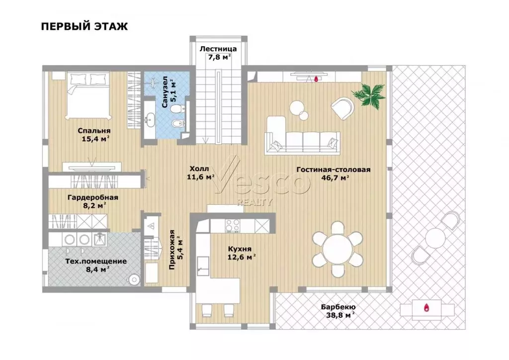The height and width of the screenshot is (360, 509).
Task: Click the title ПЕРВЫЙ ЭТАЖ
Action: point(85,26)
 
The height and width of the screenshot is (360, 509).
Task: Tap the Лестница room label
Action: point(218,49)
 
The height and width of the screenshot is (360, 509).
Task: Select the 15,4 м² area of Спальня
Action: point(95,139)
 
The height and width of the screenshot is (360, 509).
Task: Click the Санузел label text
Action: point(165,92)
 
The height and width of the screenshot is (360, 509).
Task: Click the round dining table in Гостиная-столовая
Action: point(338,249)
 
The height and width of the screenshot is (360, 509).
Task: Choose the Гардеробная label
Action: point(93,197)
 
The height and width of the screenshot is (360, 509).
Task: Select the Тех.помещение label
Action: point(96,262)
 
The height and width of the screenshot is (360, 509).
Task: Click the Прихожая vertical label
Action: point(172,250)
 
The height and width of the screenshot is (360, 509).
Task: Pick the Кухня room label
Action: point(240,249)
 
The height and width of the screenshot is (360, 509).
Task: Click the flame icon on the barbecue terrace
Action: point(426,307)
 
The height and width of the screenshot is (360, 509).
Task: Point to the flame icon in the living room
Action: point(316,79)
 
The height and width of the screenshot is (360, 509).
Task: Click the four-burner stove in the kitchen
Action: point(233,226)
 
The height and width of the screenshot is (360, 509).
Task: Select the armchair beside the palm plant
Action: point(342,108)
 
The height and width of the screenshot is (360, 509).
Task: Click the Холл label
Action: point(199,169)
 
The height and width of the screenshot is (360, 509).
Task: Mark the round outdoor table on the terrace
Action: point(435,238)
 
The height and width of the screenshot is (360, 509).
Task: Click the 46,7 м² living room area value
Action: point(335,178)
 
